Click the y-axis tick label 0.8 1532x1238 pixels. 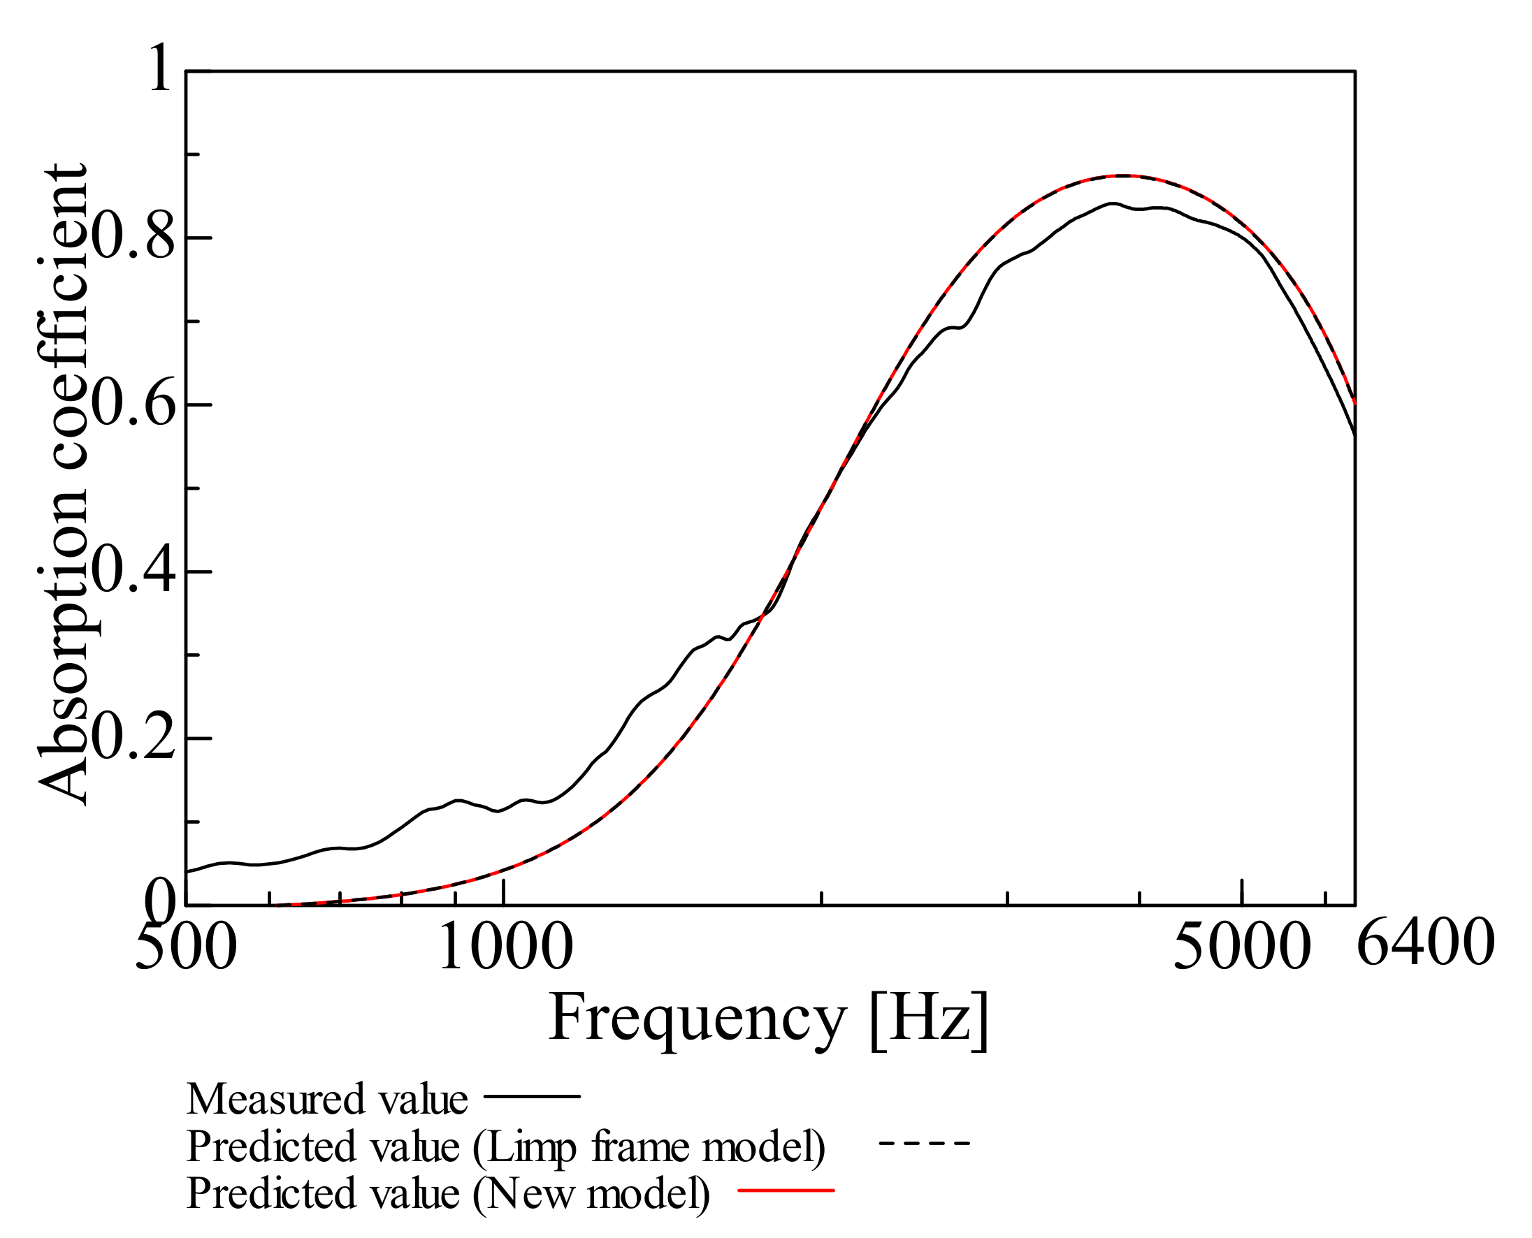pos(133,238)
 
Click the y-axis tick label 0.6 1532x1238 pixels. pos(133,405)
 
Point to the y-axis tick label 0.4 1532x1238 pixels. pos(133,572)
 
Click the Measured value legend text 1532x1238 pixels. pos(326,1099)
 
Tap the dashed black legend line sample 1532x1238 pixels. pos(925,1144)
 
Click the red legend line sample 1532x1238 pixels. pos(786,1190)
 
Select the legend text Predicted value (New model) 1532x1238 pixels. pos(448,1193)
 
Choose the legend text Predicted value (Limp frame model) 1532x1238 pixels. pos(505,1146)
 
